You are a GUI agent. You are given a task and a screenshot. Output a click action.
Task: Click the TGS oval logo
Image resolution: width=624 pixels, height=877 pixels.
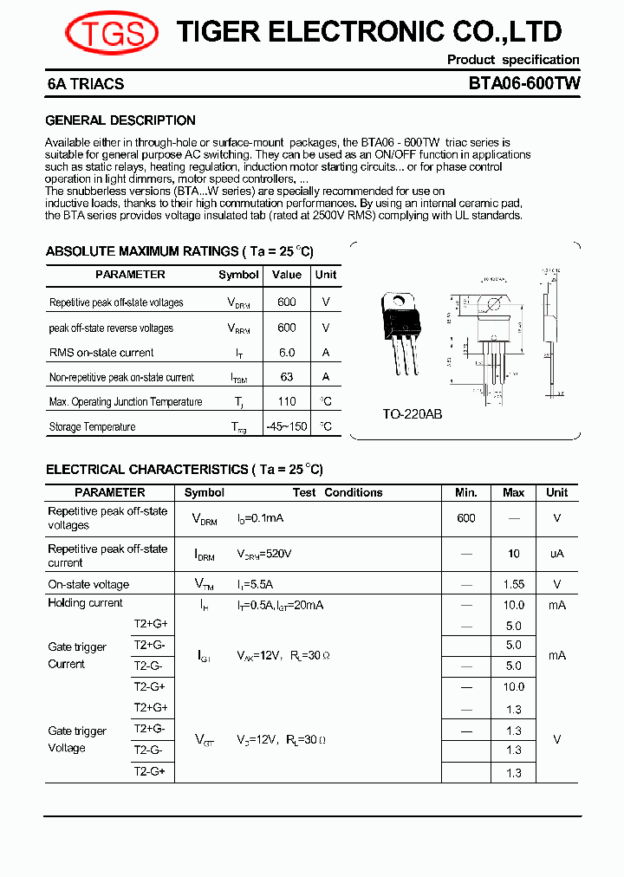point(112,34)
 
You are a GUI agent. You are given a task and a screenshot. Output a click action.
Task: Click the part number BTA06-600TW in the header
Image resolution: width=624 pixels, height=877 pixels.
point(523,84)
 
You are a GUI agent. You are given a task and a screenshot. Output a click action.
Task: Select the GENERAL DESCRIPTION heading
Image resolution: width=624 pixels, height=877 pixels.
point(120,120)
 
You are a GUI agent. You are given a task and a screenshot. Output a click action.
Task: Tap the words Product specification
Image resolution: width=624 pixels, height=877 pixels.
point(513,60)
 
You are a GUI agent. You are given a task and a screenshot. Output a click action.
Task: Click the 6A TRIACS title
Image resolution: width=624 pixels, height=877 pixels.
point(86,84)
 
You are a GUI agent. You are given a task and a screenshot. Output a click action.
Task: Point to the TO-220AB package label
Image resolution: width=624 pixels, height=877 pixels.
point(413,414)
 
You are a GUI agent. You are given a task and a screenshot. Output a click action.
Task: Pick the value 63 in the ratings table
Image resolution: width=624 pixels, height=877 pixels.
point(287,377)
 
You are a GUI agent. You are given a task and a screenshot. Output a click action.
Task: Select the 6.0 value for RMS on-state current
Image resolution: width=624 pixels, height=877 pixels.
point(287,353)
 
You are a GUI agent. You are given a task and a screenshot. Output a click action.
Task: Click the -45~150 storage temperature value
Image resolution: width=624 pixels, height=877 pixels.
point(287,426)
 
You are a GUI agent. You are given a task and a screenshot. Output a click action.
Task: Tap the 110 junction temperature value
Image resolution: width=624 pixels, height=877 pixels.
point(287,401)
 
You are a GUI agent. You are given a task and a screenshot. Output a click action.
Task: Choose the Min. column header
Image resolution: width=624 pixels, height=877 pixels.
point(466,492)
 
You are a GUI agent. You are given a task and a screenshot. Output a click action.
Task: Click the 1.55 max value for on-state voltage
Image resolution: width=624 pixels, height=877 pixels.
point(514,585)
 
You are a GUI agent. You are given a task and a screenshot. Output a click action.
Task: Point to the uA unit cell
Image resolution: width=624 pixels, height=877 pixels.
point(556,554)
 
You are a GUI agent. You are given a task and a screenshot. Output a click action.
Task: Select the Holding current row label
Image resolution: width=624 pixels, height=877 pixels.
point(86,603)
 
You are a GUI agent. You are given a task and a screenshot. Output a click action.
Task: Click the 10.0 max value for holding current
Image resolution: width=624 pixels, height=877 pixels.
point(514,605)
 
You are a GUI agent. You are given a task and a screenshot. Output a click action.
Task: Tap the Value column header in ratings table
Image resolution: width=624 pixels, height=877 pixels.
point(287,275)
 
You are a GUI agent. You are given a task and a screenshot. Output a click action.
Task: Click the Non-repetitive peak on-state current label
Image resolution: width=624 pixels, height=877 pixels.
point(121,377)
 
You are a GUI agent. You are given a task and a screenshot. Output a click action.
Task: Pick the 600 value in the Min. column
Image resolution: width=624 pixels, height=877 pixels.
point(466,517)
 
